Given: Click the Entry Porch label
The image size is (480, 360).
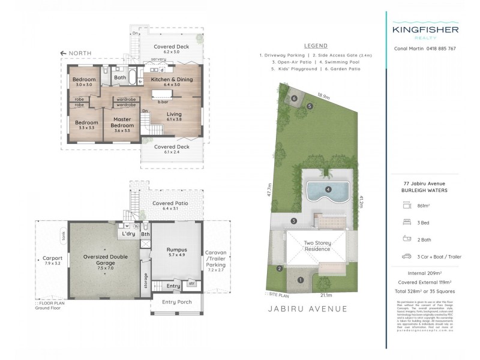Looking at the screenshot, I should pyautogui.click(x=176, y=302).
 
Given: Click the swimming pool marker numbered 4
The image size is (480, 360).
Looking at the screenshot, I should pyautogui.click(x=328, y=190).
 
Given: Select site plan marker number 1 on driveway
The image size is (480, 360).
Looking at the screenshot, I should pyautogui.click(x=301, y=279).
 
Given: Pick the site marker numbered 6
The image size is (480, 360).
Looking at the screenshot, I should pyautogui.click(x=294, y=98).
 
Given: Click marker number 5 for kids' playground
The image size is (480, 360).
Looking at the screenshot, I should pyautogui.click(x=310, y=106).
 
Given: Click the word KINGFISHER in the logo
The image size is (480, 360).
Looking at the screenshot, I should pyautogui.click(x=425, y=29).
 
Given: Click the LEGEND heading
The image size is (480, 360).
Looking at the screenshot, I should pyautogui.click(x=316, y=46).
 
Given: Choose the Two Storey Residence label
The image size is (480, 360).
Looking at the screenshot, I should pyautogui.click(x=317, y=246).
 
